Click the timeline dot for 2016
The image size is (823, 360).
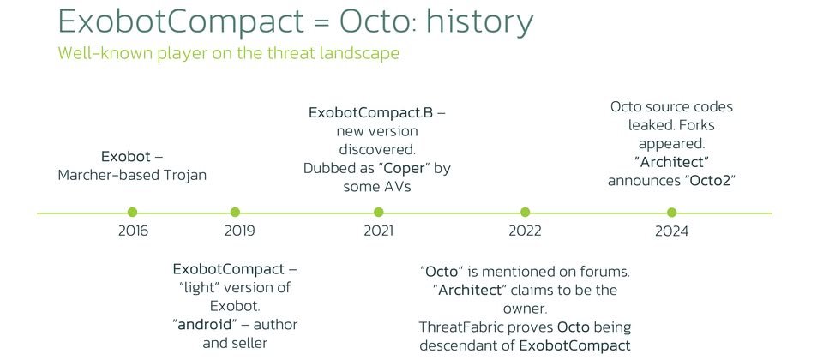pyautogui.click(x=132, y=212)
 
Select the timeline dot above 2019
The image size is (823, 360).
pyautogui.click(x=235, y=212)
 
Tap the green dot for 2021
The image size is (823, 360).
pyautogui.click(x=378, y=212)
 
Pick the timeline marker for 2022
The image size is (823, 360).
pyautogui.click(x=525, y=212)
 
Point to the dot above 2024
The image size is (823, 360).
pyautogui.click(x=671, y=212)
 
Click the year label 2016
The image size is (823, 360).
pyautogui.click(x=134, y=231)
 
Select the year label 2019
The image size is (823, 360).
pyautogui.click(x=240, y=231)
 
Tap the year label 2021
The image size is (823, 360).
pyautogui.click(x=378, y=231)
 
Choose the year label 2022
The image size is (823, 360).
pyautogui.click(x=525, y=231)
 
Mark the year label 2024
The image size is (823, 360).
pyautogui.click(x=671, y=231)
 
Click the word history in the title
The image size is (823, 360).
pyautogui.click(x=480, y=23)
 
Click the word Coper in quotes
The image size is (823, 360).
pyautogui.click(x=403, y=169)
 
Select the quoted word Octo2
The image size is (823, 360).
pyautogui.click(x=709, y=181)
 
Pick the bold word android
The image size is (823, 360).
pyautogui.click(x=205, y=325)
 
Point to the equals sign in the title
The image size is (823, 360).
pyautogui.click(x=321, y=22)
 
